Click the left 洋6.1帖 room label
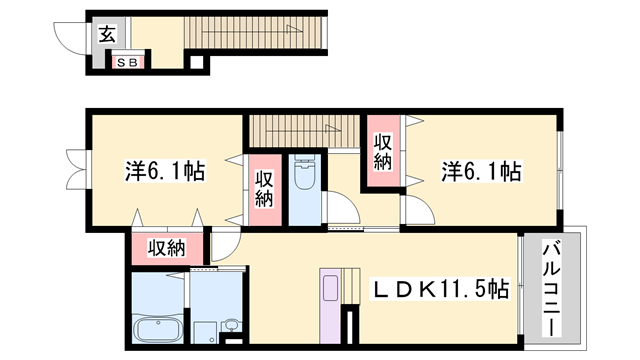pyautogui.click(x=164, y=171)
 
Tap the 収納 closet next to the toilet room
pyautogui.click(x=263, y=190)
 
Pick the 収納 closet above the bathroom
pyautogui.click(x=167, y=247)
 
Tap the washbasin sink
pyautogui.click(x=232, y=326)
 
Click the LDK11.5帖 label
pyautogui.click(x=441, y=289)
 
